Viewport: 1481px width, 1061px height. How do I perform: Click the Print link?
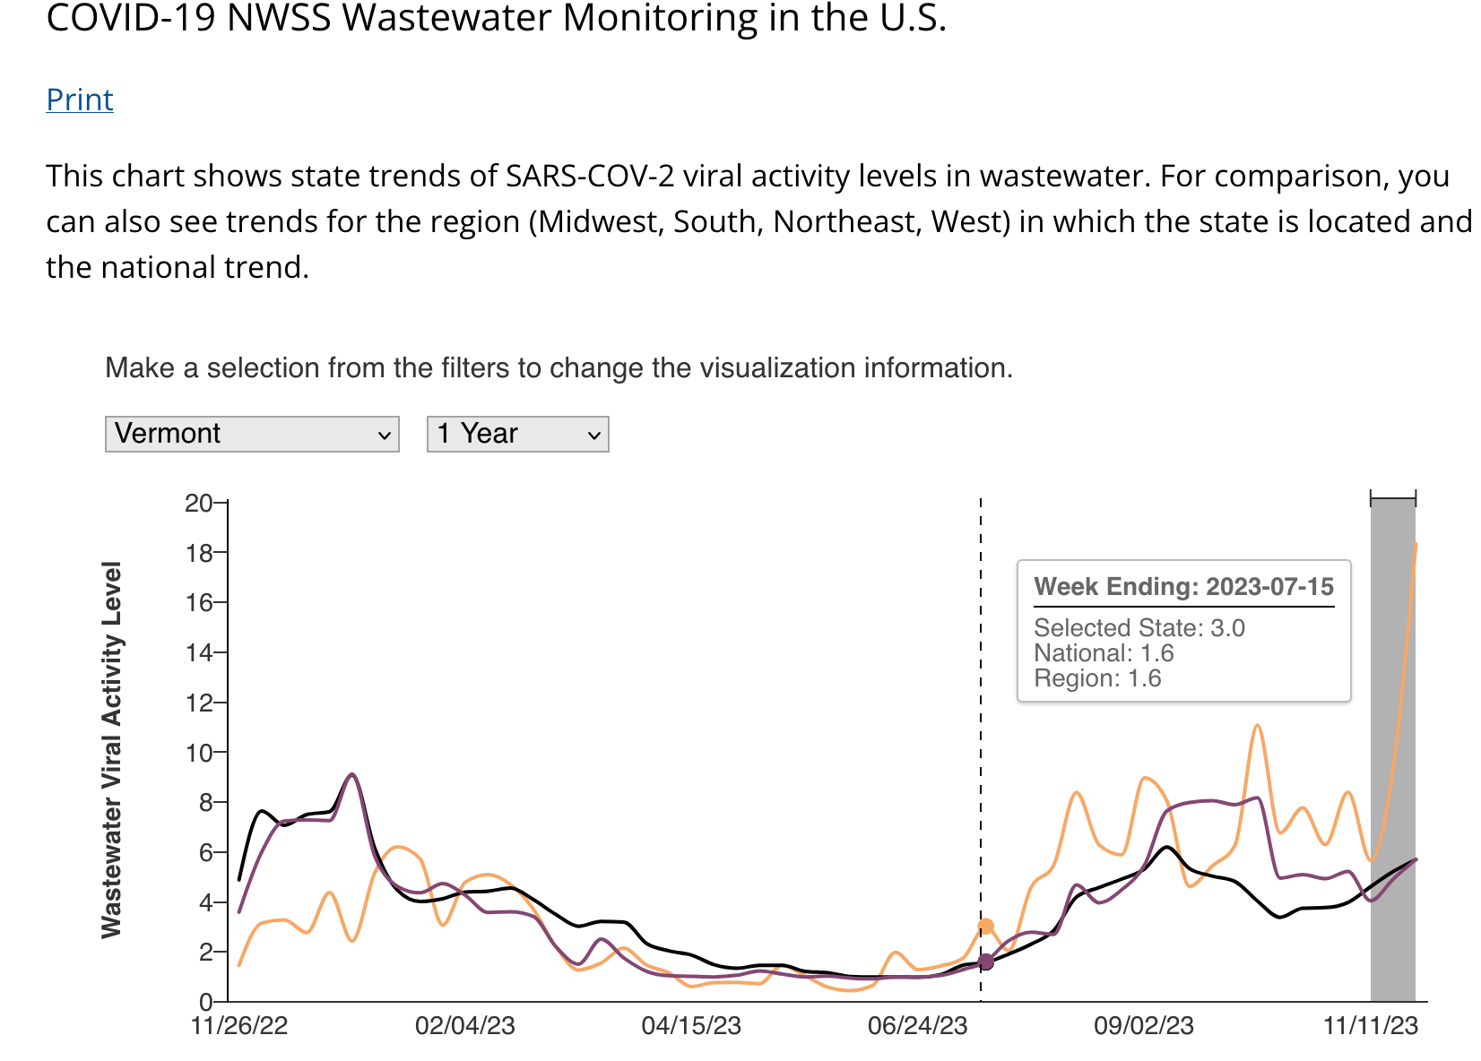[80, 99]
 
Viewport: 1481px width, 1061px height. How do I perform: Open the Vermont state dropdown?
[252, 434]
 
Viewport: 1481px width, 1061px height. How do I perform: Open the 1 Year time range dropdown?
[517, 434]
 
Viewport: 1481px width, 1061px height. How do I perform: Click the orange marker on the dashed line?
[986, 927]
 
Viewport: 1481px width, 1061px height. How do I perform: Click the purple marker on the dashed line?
[986, 962]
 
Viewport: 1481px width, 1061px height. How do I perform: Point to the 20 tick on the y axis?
[199, 503]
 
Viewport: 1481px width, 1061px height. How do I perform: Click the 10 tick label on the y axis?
[199, 753]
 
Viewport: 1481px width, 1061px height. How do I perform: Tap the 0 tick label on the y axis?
[205, 1002]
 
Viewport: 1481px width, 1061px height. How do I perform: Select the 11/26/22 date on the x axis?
[239, 1026]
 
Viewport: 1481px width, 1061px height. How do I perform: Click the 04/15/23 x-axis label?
[691, 1026]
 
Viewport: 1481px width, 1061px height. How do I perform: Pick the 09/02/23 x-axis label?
[1144, 1026]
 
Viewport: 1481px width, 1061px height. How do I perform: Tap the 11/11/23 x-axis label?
[1371, 1026]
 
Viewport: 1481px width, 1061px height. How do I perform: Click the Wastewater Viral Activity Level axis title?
[111, 750]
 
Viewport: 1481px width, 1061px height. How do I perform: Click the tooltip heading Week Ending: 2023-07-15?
[1183, 587]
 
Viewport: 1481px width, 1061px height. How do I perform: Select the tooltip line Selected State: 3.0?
[1139, 627]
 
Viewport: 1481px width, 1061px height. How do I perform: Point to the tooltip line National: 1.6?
[1104, 653]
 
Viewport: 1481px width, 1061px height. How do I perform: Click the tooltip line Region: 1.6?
[1097, 678]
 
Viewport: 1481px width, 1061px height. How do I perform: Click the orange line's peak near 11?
[1258, 725]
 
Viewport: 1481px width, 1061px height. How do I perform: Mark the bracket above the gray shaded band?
[1393, 498]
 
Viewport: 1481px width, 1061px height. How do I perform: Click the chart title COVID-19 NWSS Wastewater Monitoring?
[496, 18]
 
